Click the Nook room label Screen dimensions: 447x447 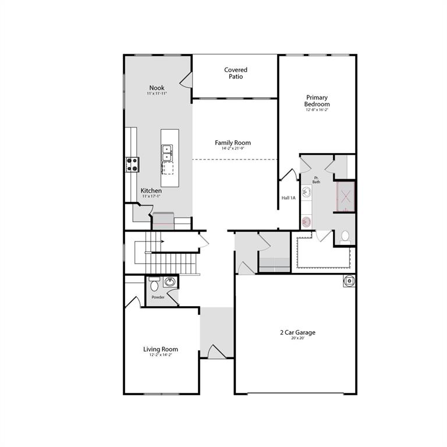tap(157, 88)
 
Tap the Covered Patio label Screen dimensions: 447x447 tap(236, 73)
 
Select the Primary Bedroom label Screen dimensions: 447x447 tap(317, 101)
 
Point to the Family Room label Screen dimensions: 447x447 tap(233, 143)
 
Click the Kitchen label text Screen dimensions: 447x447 tap(151, 191)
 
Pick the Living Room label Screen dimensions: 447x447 tap(161, 349)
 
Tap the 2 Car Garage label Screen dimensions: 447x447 tap(297, 332)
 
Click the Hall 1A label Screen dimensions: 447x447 tap(289, 198)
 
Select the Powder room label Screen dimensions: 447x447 tap(158, 297)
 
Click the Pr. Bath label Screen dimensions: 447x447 tap(316, 180)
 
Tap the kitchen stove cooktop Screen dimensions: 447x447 tap(132, 165)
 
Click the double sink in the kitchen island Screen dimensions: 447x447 tap(167, 152)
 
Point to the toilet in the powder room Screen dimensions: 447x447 tap(154, 285)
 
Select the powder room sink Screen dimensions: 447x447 tap(169, 282)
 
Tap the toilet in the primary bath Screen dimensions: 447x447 tap(345, 236)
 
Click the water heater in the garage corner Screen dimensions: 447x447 tap(349, 281)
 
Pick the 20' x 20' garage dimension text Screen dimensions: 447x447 tap(297, 338)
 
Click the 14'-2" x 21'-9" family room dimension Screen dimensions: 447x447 tap(233, 149)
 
